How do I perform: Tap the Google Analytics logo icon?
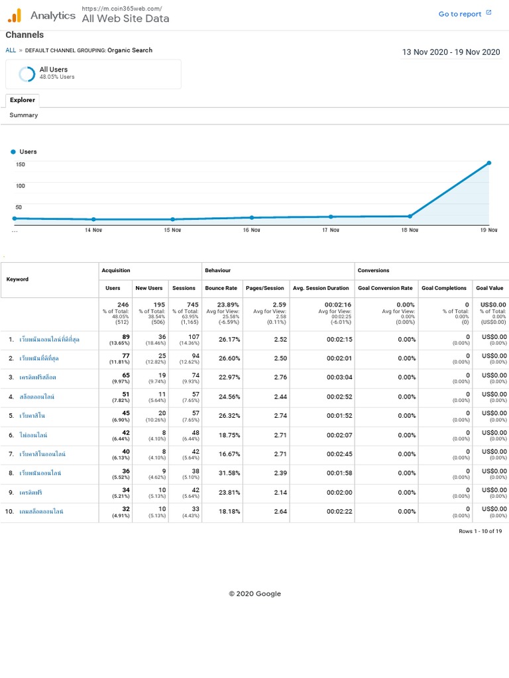pyautogui.click(x=15, y=15)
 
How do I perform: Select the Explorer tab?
pyautogui.click(x=23, y=100)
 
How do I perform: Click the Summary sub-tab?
pyautogui.click(x=24, y=115)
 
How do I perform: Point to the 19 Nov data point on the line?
pyautogui.click(x=489, y=163)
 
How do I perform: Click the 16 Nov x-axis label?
pyautogui.click(x=251, y=230)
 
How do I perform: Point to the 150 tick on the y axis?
pyautogui.click(x=21, y=164)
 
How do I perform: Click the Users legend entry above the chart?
pyautogui.click(x=25, y=152)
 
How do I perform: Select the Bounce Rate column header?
pyautogui.click(x=222, y=288)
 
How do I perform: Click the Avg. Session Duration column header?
pyautogui.click(x=321, y=288)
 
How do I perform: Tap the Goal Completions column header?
pyautogui.click(x=443, y=288)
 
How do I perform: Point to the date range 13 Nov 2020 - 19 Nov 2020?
pyautogui.click(x=451, y=52)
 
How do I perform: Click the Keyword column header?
pyautogui.click(x=18, y=279)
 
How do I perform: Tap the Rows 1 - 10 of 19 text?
pyautogui.click(x=480, y=532)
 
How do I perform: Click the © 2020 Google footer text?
pyautogui.click(x=254, y=594)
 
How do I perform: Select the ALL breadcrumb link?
pyautogui.click(x=11, y=50)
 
